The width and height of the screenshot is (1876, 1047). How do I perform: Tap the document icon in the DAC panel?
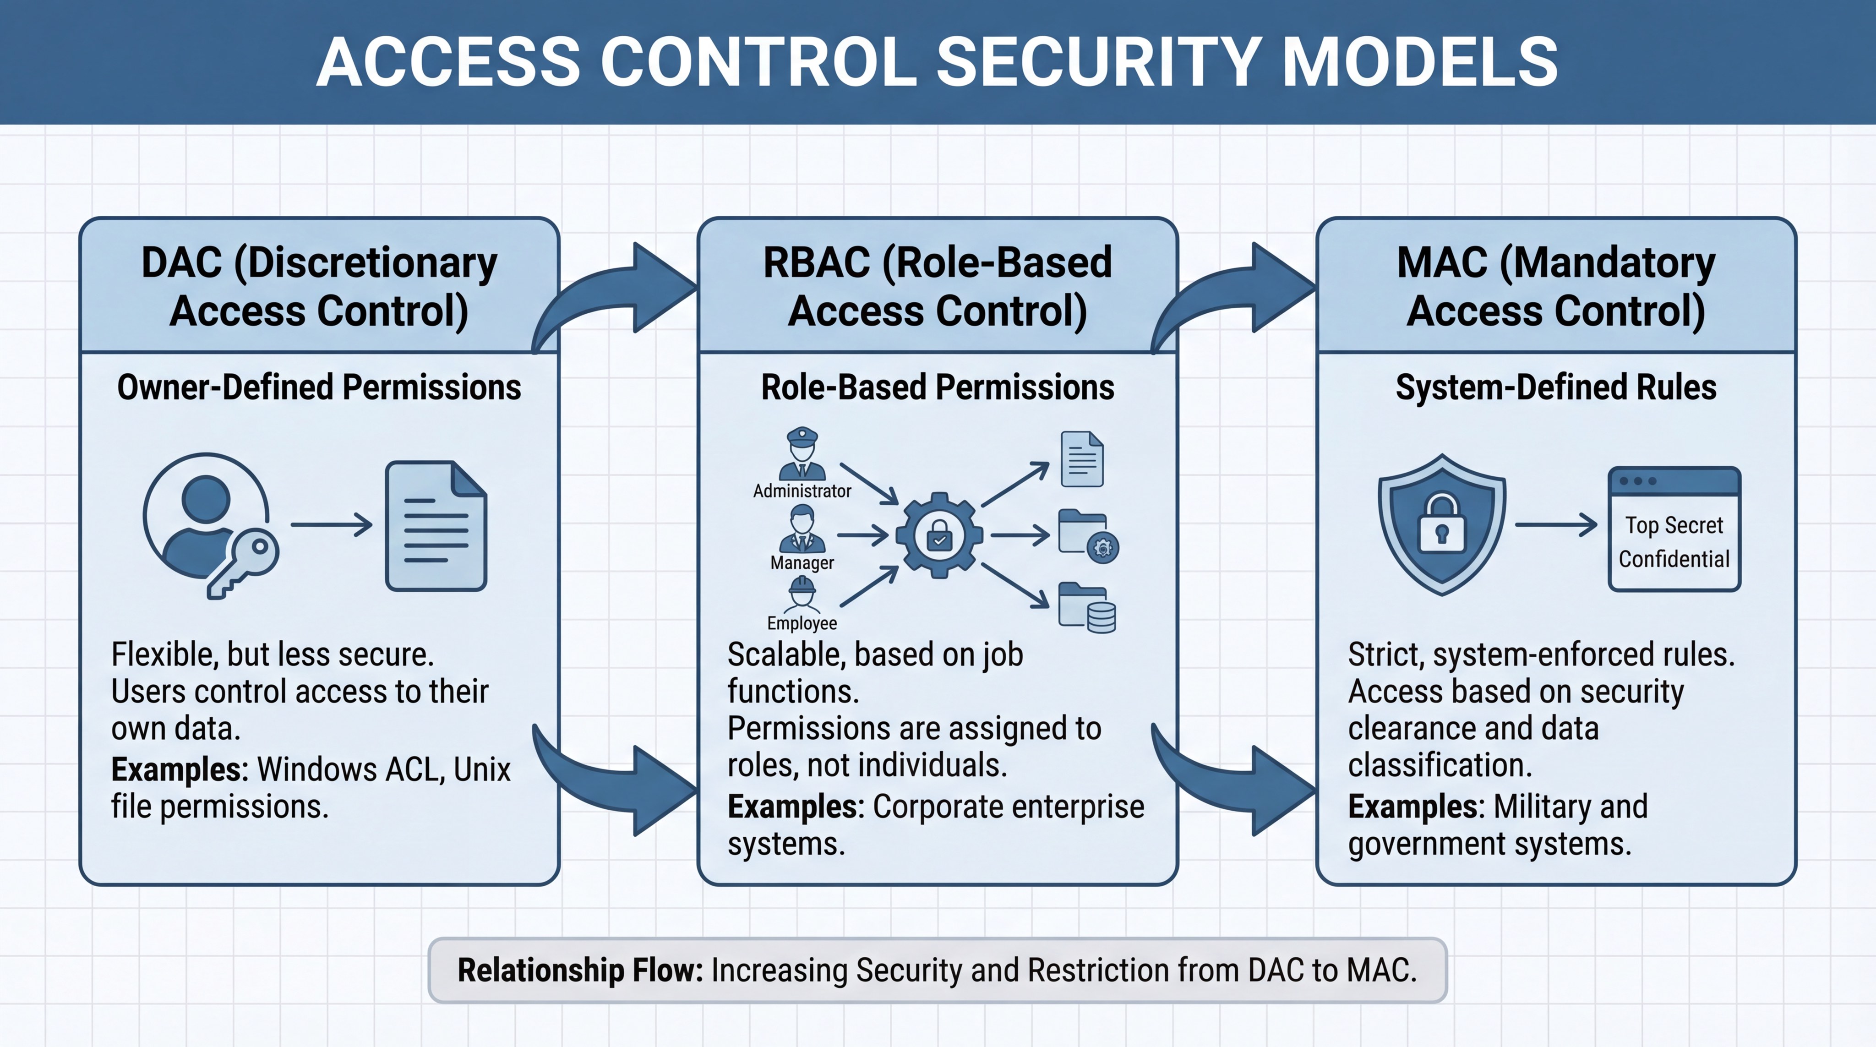click(x=436, y=526)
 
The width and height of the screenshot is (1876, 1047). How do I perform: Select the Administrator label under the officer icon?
click(x=802, y=491)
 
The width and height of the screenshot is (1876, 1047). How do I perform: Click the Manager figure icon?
click(x=802, y=529)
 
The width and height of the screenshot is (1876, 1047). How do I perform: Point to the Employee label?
click(x=802, y=623)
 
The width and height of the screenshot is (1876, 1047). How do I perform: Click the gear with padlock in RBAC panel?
click(x=939, y=536)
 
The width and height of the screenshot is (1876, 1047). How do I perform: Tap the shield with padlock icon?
click(x=1441, y=524)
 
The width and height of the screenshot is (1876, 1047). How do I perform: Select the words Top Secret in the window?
click(x=1674, y=525)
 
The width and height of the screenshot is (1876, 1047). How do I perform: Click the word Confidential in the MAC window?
click(x=1674, y=559)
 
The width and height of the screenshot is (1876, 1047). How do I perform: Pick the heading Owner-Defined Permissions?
click(x=319, y=387)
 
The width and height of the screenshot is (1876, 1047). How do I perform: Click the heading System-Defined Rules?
click(x=1555, y=387)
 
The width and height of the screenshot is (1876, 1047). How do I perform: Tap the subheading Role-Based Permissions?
click(x=937, y=387)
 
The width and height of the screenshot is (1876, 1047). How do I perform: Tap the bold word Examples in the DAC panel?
click(x=179, y=769)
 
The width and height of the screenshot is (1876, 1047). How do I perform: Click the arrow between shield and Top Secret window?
click(x=1555, y=524)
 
